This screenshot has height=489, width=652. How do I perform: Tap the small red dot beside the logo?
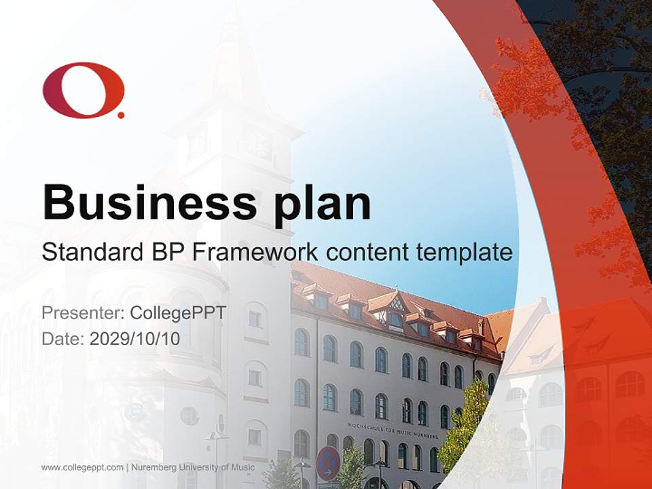[x=121, y=115]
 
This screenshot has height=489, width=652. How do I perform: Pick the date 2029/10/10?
[x=135, y=338]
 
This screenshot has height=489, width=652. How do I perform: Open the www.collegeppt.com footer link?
[x=82, y=467]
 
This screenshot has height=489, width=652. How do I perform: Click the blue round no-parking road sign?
[x=328, y=463]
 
